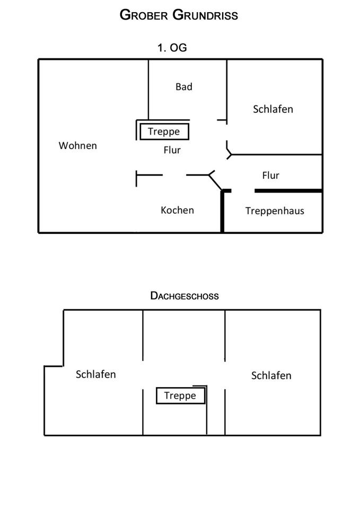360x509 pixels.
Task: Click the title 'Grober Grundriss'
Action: point(179,15)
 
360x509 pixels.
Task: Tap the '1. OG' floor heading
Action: point(172,48)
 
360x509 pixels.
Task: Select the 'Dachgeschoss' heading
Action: point(185,296)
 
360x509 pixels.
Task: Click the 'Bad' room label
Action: point(184,86)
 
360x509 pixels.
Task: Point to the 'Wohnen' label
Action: point(78,145)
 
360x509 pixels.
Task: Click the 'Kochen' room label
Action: point(177,210)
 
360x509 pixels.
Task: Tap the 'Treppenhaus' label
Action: point(275,210)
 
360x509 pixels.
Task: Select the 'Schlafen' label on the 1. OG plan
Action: point(273,109)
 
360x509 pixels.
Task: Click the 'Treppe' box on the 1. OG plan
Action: point(164,131)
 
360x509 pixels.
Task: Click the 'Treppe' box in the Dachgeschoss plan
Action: point(180,396)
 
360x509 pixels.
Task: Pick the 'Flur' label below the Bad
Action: point(172,150)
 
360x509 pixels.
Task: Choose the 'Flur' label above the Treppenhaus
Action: point(270,175)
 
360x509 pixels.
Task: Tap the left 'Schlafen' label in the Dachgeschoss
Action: point(96,374)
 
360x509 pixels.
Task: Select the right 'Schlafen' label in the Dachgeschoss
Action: point(271,375)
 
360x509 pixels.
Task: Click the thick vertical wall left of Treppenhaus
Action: point(223,212)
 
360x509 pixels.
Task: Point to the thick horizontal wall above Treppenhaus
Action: point(288,190)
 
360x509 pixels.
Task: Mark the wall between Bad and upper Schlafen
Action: point(227,90)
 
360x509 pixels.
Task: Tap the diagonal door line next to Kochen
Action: point(215,182)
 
